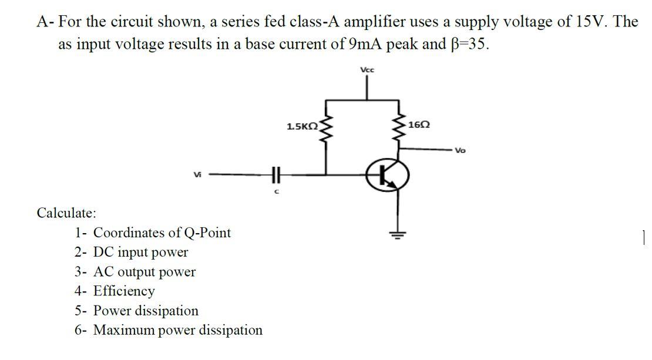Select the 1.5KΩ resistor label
302,126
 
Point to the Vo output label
459,150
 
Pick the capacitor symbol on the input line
273,174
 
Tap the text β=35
467,45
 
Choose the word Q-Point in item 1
209,233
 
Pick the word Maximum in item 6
125,329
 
